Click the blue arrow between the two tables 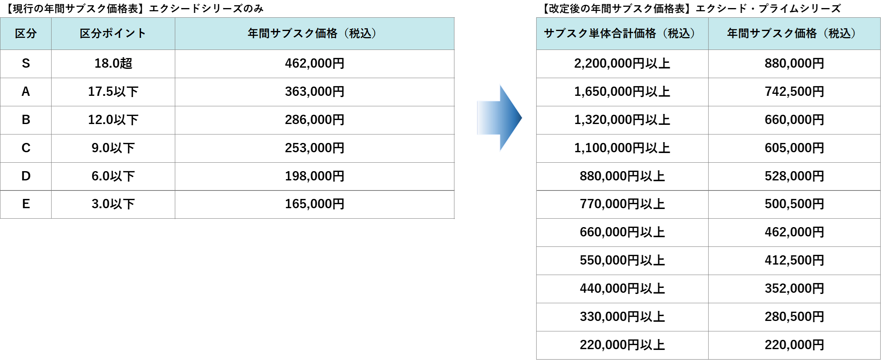pos(500,118)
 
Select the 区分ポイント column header pos(113,33)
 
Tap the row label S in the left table pos(26,63)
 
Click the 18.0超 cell pos(113,63)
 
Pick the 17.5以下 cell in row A pos(113,91)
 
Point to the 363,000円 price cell pos(315,91)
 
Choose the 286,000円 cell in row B pos(315,120)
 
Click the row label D pos(26,176)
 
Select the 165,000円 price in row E pos(315,204)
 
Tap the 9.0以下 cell pos(113,148)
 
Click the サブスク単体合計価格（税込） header pos(622,33)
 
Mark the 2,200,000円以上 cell pos(622,63)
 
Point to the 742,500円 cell pos(794,91)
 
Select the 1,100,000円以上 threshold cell pos(622,148)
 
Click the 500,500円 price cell pos(794,204)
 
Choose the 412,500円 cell pos(794,260)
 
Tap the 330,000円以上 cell pos(622,317)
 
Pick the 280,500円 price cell pos(794,317)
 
